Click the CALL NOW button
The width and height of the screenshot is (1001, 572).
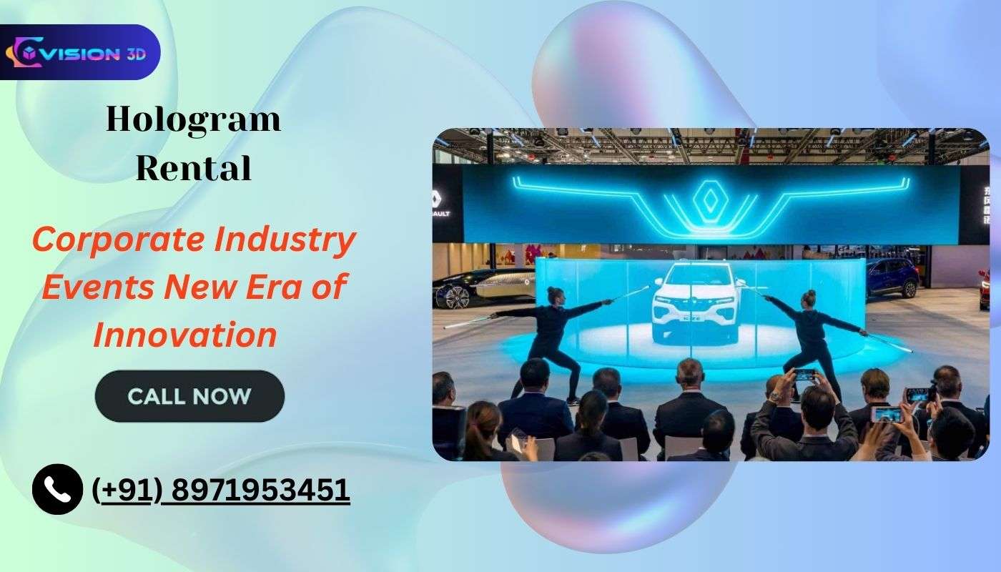pos(189,395)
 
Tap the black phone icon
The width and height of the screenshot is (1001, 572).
pos(57,489)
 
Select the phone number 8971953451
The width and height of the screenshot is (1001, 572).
pos(261,490)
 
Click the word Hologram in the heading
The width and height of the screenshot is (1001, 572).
pos(193,119)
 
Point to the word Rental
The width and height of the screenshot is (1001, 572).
pos(193,168)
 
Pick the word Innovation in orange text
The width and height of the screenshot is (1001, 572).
pos(185,335)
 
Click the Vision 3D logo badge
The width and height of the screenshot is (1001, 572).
pos(80,52)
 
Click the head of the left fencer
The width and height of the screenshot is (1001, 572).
pos(554,295)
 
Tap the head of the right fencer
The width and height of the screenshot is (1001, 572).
pos(808,298)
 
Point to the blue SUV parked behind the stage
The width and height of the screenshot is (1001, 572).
pos(892,277)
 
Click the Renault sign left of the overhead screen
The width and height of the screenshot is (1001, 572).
pos(448,204)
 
